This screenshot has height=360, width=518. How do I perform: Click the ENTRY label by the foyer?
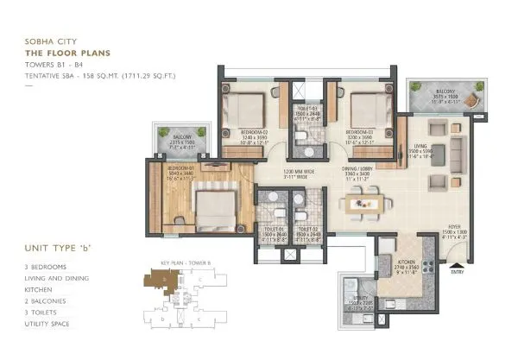(x=456, y=271)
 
